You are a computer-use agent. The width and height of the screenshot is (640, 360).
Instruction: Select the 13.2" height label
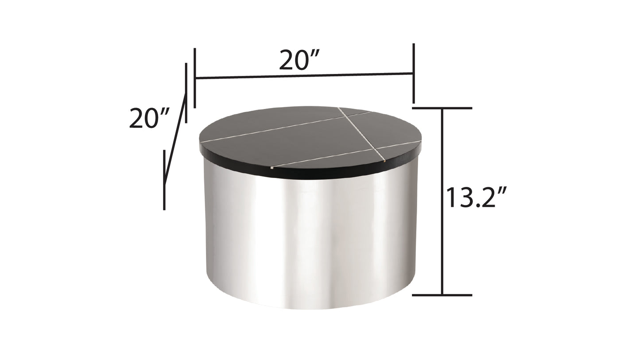point(476,197)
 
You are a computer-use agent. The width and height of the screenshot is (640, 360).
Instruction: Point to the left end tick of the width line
point(195,78)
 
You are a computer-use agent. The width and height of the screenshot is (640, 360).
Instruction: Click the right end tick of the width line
point(413,73)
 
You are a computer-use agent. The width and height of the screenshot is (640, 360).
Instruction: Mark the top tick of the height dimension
point(442,108)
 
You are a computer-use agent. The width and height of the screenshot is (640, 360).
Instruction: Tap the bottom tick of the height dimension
point(442,294)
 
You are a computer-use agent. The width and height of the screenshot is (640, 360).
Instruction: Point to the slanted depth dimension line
point(175,138)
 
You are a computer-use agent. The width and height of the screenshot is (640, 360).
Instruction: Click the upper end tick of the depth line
point(186,93)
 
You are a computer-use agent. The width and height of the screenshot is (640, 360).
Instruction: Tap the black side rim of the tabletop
point(310,174)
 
